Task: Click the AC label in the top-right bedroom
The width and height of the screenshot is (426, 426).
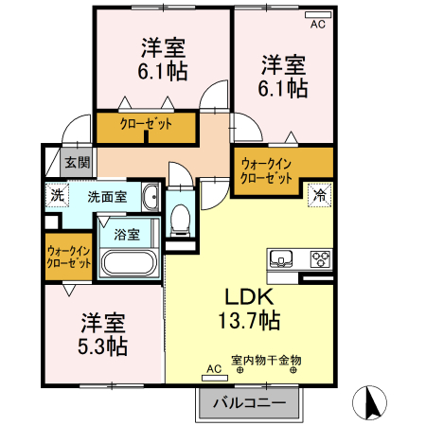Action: [x=317, y=26]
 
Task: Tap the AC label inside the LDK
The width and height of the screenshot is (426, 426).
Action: [x=211, y=369]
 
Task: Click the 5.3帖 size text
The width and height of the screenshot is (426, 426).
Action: [x=104, y=346]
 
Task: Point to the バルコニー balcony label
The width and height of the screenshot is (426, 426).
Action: [x=249, y=401]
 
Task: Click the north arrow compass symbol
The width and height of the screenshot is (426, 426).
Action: [x=371, y=404]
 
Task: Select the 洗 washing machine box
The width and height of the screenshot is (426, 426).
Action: [x=58, y=196]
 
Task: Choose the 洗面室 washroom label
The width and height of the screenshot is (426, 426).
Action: [x=107, y=197]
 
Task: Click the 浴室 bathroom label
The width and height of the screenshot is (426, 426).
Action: [x=127, y=233]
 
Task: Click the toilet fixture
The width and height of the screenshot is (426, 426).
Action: [x=180, y=220]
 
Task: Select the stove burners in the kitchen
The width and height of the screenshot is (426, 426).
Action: [x=320, y=257]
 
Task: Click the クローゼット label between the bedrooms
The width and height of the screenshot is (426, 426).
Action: [x=145, y=124]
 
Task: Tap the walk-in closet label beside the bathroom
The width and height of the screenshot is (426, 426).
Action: [x=69, y=257]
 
